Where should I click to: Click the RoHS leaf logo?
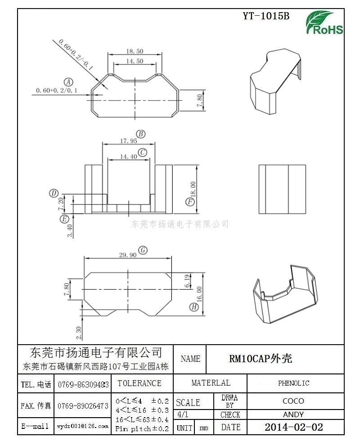pos(324,23)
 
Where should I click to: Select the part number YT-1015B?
pos(266,16)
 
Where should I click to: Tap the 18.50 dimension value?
pos(135,51)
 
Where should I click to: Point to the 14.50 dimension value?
pos(135,61)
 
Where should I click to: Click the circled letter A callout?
pos(68,82)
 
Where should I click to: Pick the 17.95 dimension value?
pos(128,141)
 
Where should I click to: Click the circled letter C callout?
pos(142,153)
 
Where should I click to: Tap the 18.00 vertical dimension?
pos(193,189)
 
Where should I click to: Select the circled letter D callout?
pos(54,193)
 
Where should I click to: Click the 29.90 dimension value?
pos(128,255)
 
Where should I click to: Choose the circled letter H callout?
pos(194,307)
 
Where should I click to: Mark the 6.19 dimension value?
pos(187,281)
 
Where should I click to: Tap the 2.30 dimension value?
pos(79,333)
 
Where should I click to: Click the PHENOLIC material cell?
pos(293,383)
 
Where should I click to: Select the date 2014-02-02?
pos(294,427)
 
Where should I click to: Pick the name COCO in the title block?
pos(293,401)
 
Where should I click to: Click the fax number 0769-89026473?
pos(83,406)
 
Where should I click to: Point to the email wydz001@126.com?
pos(83,426)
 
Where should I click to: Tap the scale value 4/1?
pos(183,414)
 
